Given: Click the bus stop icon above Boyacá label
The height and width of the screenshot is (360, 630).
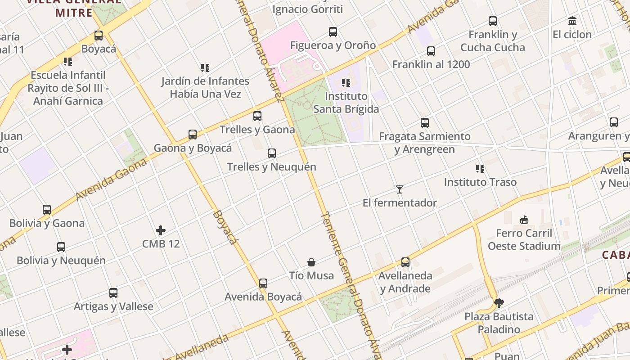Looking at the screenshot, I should click(99, 36).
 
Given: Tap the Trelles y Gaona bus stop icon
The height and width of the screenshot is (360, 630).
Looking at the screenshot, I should click(257, 116).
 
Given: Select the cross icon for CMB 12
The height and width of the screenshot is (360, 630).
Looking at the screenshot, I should click(161, 231).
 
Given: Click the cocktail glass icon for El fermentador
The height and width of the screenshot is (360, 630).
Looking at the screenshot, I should click(399, 189).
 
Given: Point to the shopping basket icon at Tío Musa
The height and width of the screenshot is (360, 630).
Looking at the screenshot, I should click(311, 262).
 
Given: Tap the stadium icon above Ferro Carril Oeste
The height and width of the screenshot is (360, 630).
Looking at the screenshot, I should click(524, 220).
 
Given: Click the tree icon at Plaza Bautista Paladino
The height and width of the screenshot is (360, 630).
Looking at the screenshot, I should click(499, 303).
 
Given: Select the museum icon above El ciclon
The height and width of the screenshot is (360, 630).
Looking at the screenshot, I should click(572, 21).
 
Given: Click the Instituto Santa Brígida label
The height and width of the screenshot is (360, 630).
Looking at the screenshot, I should click(346, 103).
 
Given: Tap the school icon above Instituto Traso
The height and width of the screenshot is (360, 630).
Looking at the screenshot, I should click(480, 169).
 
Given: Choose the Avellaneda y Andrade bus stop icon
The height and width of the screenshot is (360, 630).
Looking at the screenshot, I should click(405, 262).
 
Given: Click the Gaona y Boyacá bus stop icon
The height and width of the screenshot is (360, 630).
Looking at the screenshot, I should click(193, 135).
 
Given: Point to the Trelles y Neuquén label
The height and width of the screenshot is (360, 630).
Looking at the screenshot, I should click(271, 166).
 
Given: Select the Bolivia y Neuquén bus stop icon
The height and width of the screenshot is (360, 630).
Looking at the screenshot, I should click(61, 247).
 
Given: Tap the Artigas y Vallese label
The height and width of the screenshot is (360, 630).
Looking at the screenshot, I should click(113, 306).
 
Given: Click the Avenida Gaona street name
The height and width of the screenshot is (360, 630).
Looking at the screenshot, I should click(111, 180).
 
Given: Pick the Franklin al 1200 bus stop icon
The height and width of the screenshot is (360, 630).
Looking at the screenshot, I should click(431, 51).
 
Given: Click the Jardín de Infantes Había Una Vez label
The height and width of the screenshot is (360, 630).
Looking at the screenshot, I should click(205, 87).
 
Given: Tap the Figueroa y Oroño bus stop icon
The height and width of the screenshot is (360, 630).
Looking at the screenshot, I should click(333, 32).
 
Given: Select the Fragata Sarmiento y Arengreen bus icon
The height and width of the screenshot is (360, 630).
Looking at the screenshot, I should click(424, 123).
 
